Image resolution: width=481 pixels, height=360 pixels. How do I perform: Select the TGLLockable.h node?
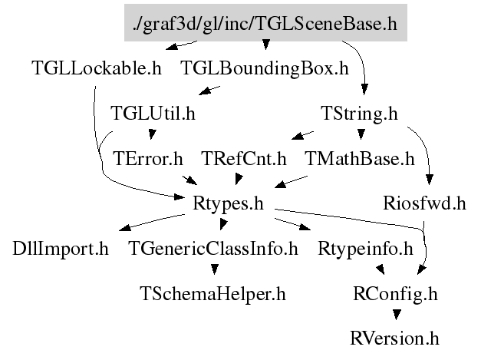coord(97,68)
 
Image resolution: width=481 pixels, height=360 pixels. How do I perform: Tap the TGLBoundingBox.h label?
coord(265,68)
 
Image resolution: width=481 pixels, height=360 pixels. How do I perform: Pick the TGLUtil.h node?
coord(153,114)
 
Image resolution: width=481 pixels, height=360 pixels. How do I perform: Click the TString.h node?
coord(359,114)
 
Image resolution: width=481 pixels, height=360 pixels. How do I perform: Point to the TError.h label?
coord(147,160)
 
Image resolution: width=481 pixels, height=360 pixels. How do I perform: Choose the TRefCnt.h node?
coord(244,160)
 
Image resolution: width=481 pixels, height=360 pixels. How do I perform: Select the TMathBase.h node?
coord(359,160)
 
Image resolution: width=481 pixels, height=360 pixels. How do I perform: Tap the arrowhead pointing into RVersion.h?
coord(395,315)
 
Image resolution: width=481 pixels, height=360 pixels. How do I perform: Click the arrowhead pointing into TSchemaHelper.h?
coord(213,269)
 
